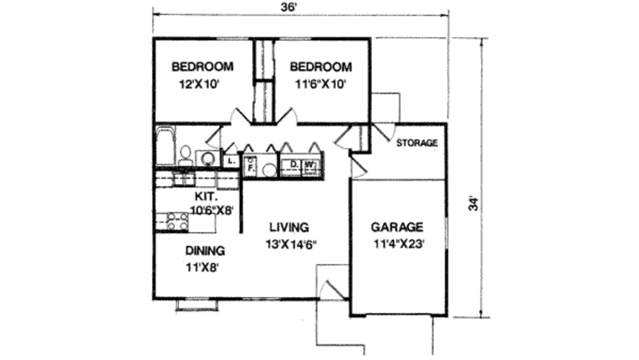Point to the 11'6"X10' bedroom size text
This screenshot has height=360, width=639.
coord(320,85)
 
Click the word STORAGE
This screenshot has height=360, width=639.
coord(417,143)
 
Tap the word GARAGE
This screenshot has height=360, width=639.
coord(397,227)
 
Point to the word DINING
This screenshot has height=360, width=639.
coord(205,251)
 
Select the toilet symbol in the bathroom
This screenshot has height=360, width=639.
coord(185,155)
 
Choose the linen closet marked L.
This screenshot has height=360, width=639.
coord(231,161)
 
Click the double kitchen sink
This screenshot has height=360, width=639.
coord(182,179)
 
